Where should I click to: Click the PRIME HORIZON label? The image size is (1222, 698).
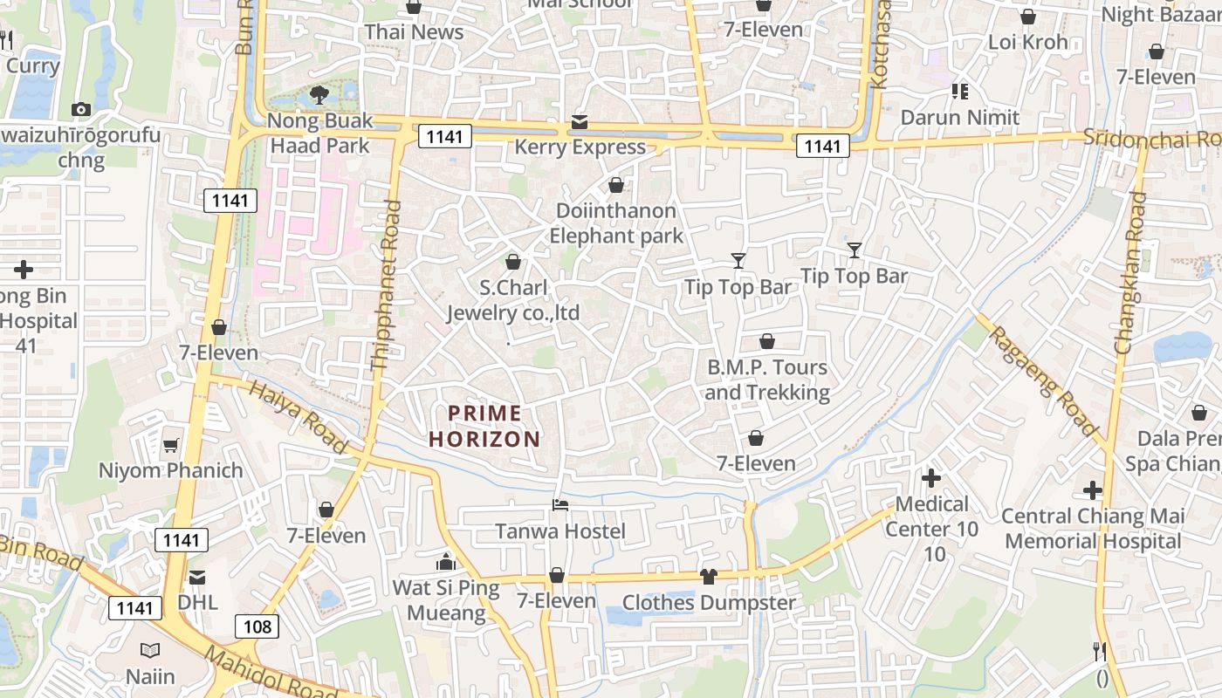[x=484, y=426]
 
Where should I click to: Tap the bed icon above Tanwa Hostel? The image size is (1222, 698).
[x=560, y=505]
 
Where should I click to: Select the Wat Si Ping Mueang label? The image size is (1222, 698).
[x=446, y=600]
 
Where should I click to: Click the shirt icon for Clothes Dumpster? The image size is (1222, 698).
[x=708, y=576]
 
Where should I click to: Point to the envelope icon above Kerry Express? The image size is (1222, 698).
[x=580, y=121]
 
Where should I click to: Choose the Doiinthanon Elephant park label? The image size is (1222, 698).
[x=616, y=223]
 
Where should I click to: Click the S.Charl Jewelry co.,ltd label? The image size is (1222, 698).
[x=513, y=300]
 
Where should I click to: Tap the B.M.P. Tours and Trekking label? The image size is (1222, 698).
[x=767, y=380]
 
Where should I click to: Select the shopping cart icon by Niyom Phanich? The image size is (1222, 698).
[x=171, y=445]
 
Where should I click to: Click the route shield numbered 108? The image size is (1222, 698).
[x=257, y=626]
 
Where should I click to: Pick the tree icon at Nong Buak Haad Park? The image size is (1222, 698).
[x=319, y=94]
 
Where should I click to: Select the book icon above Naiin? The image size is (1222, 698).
[x=150, y=650]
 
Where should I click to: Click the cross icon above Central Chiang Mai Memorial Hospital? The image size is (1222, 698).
[x=1092, y=490]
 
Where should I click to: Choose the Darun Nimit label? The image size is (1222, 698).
[x=960, y=117]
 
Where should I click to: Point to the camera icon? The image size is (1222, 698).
[x=81, y=109]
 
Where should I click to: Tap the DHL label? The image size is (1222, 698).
[x=197, y=602]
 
